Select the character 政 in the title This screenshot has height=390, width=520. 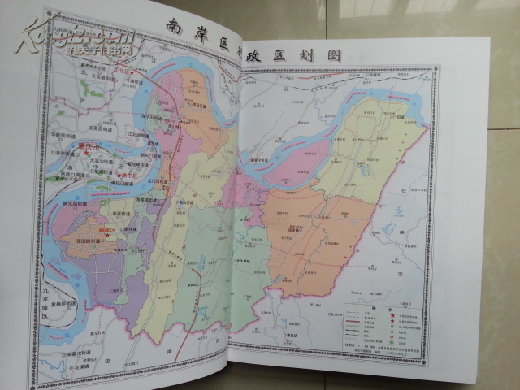tap(269, 50)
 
